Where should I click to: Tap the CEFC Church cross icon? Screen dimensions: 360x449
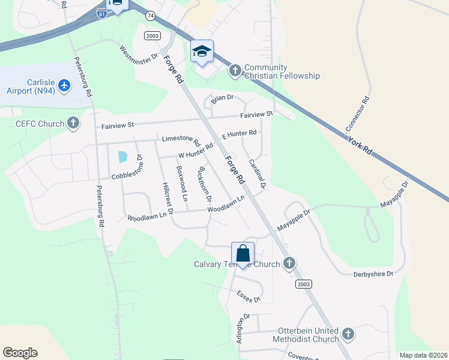(x=73, y=124)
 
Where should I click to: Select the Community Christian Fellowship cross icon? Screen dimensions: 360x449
(x=235, y=71)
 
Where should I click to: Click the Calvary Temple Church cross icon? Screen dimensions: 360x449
(x=289, y=263)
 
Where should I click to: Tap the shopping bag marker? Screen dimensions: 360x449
(x=243, y=254)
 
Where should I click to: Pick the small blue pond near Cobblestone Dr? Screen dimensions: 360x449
(x=123, y=157)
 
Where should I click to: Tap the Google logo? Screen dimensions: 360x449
(x=20, y=353)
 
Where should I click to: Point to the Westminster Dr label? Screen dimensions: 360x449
(x=138, y=54)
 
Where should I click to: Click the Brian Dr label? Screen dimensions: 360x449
(x=222, y=97)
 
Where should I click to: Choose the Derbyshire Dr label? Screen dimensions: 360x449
(x=372, y=274)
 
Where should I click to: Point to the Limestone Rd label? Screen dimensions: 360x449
(x=181, y=140)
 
